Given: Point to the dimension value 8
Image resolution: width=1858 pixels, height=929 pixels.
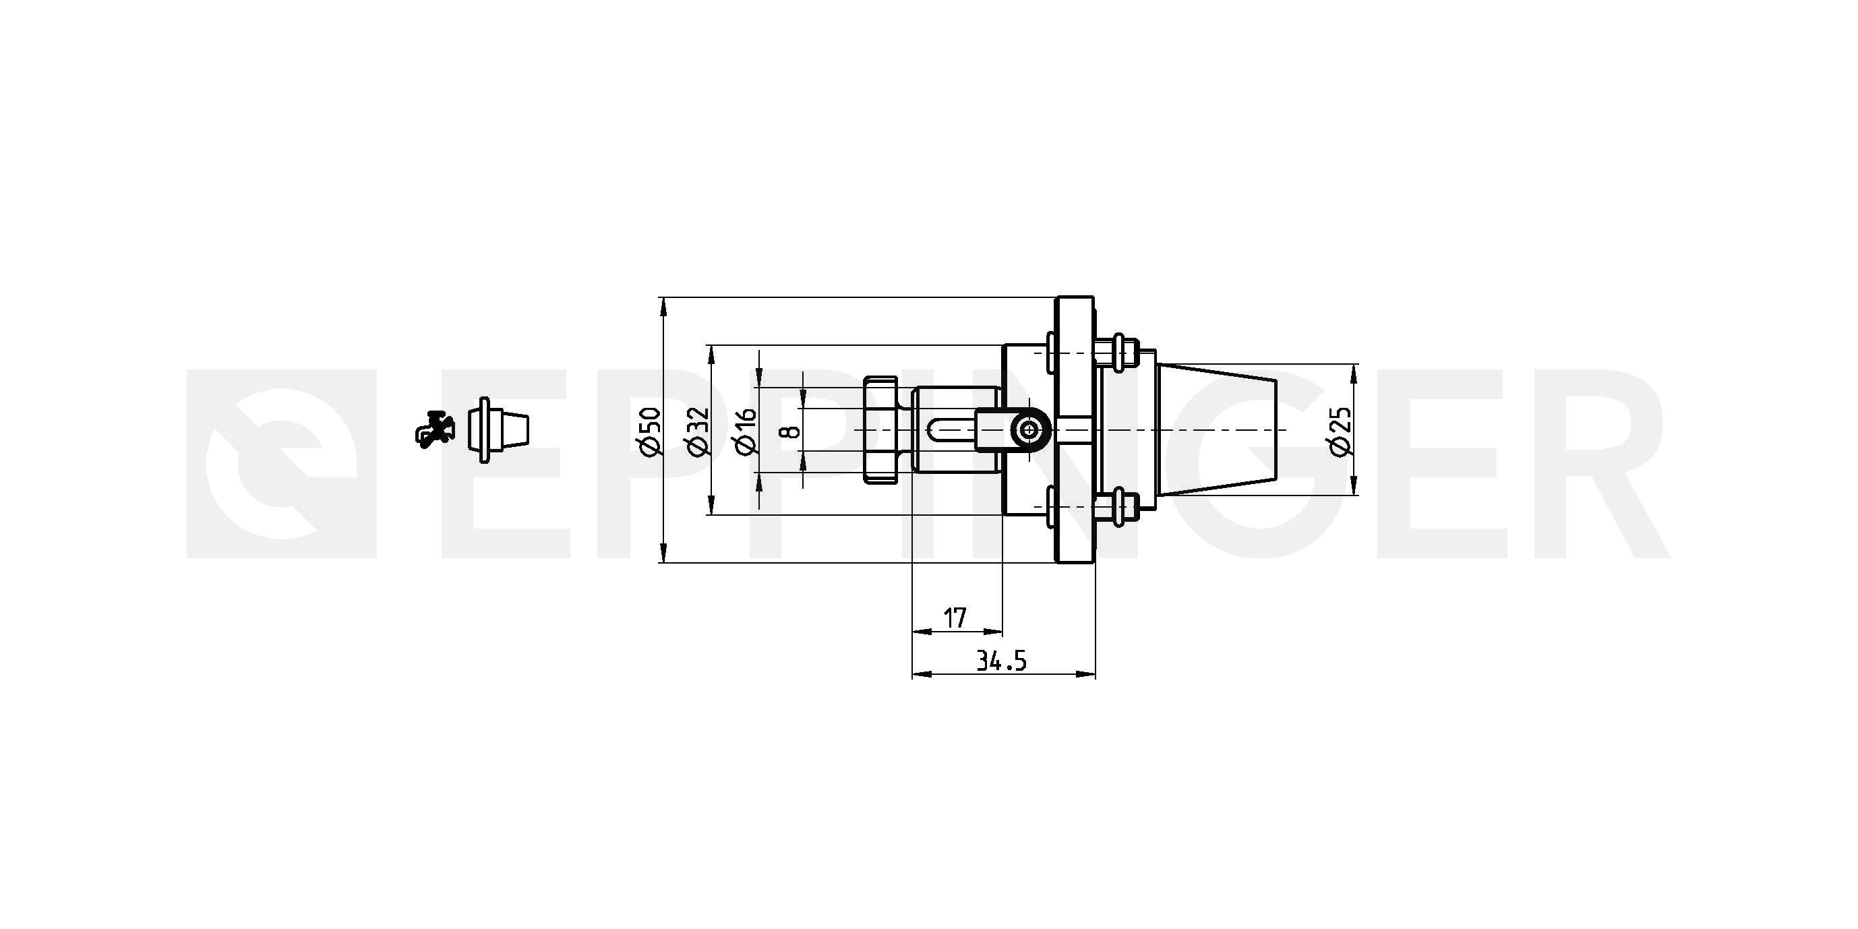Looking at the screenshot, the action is (x=791, y=431).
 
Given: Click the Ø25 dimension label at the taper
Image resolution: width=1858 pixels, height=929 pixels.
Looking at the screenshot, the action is (x=1340, y=431).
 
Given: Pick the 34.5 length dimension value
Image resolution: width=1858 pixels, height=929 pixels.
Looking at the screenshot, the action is (x=1001, y=661).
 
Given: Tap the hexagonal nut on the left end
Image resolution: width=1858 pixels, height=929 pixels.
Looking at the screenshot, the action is (x=881, y=430).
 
